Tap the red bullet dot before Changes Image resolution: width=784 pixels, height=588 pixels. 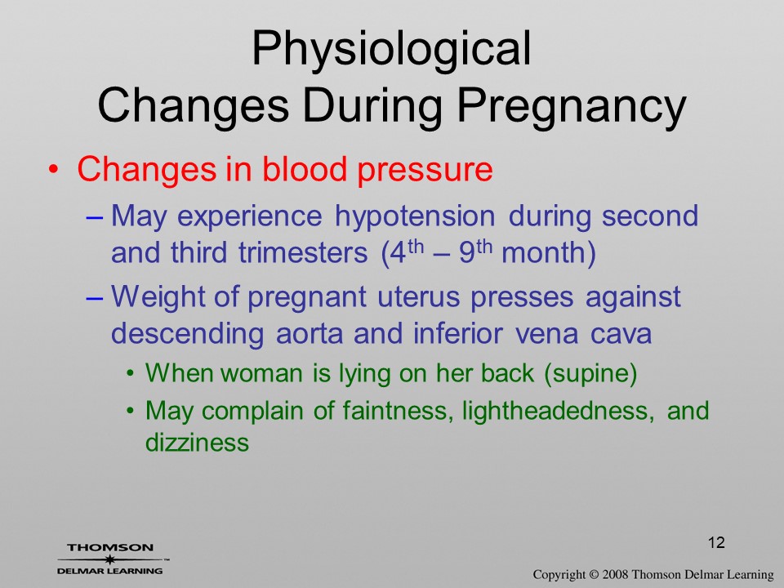[x=53, y=171]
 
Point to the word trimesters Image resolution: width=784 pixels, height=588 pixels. [x=303, y=252]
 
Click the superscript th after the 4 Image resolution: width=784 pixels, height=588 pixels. [x=415, y=247]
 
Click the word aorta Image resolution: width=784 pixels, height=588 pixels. [x=309, y=333]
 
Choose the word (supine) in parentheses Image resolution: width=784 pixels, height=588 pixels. [x=590, y=373]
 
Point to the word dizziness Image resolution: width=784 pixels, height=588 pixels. [x=197, y=443]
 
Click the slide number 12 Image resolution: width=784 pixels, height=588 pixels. [x=716, y=542]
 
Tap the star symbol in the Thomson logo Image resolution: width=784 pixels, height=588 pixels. [x=109, y=559]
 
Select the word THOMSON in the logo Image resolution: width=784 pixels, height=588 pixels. [x=110, y=547]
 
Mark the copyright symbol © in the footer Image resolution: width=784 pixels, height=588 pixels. [x=594, y=575]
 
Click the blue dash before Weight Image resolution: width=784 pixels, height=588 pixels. [x=95, y=299]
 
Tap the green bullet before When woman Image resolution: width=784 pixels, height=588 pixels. [x=131, y=374]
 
